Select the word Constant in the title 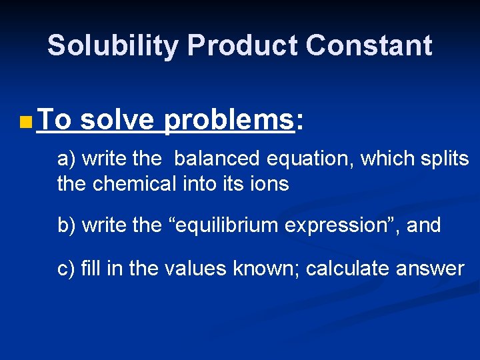tap(369, 45)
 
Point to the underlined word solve tap(117, 120)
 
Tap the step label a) tap(67, 159)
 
